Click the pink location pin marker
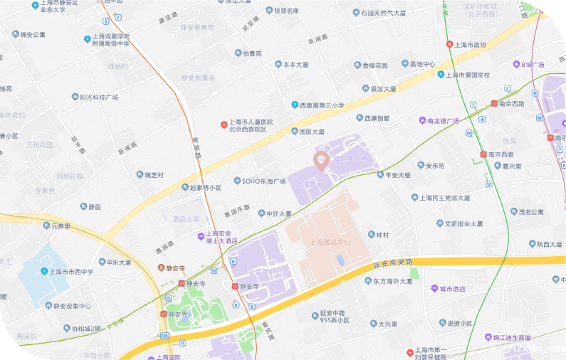click(x=321, y=160)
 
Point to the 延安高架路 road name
click(x=393, y=263)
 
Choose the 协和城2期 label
click(x=76, y=329)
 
